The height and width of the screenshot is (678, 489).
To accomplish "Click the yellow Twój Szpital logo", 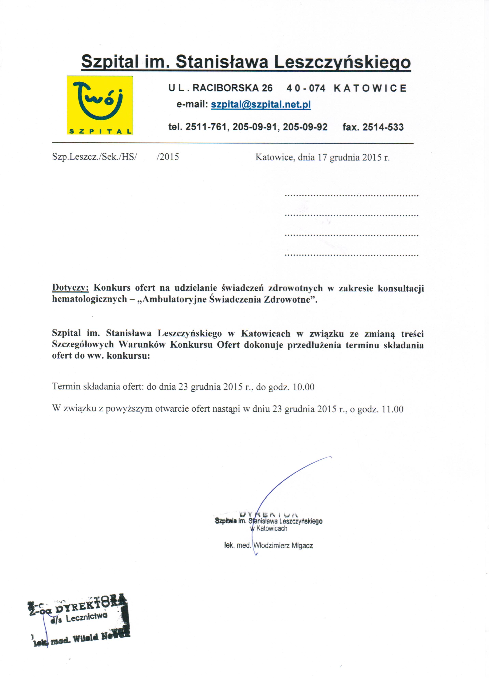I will pos(100,105).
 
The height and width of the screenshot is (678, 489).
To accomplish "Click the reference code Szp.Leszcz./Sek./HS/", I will pos(94,157).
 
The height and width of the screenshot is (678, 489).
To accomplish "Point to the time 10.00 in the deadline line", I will pos(304,387).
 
